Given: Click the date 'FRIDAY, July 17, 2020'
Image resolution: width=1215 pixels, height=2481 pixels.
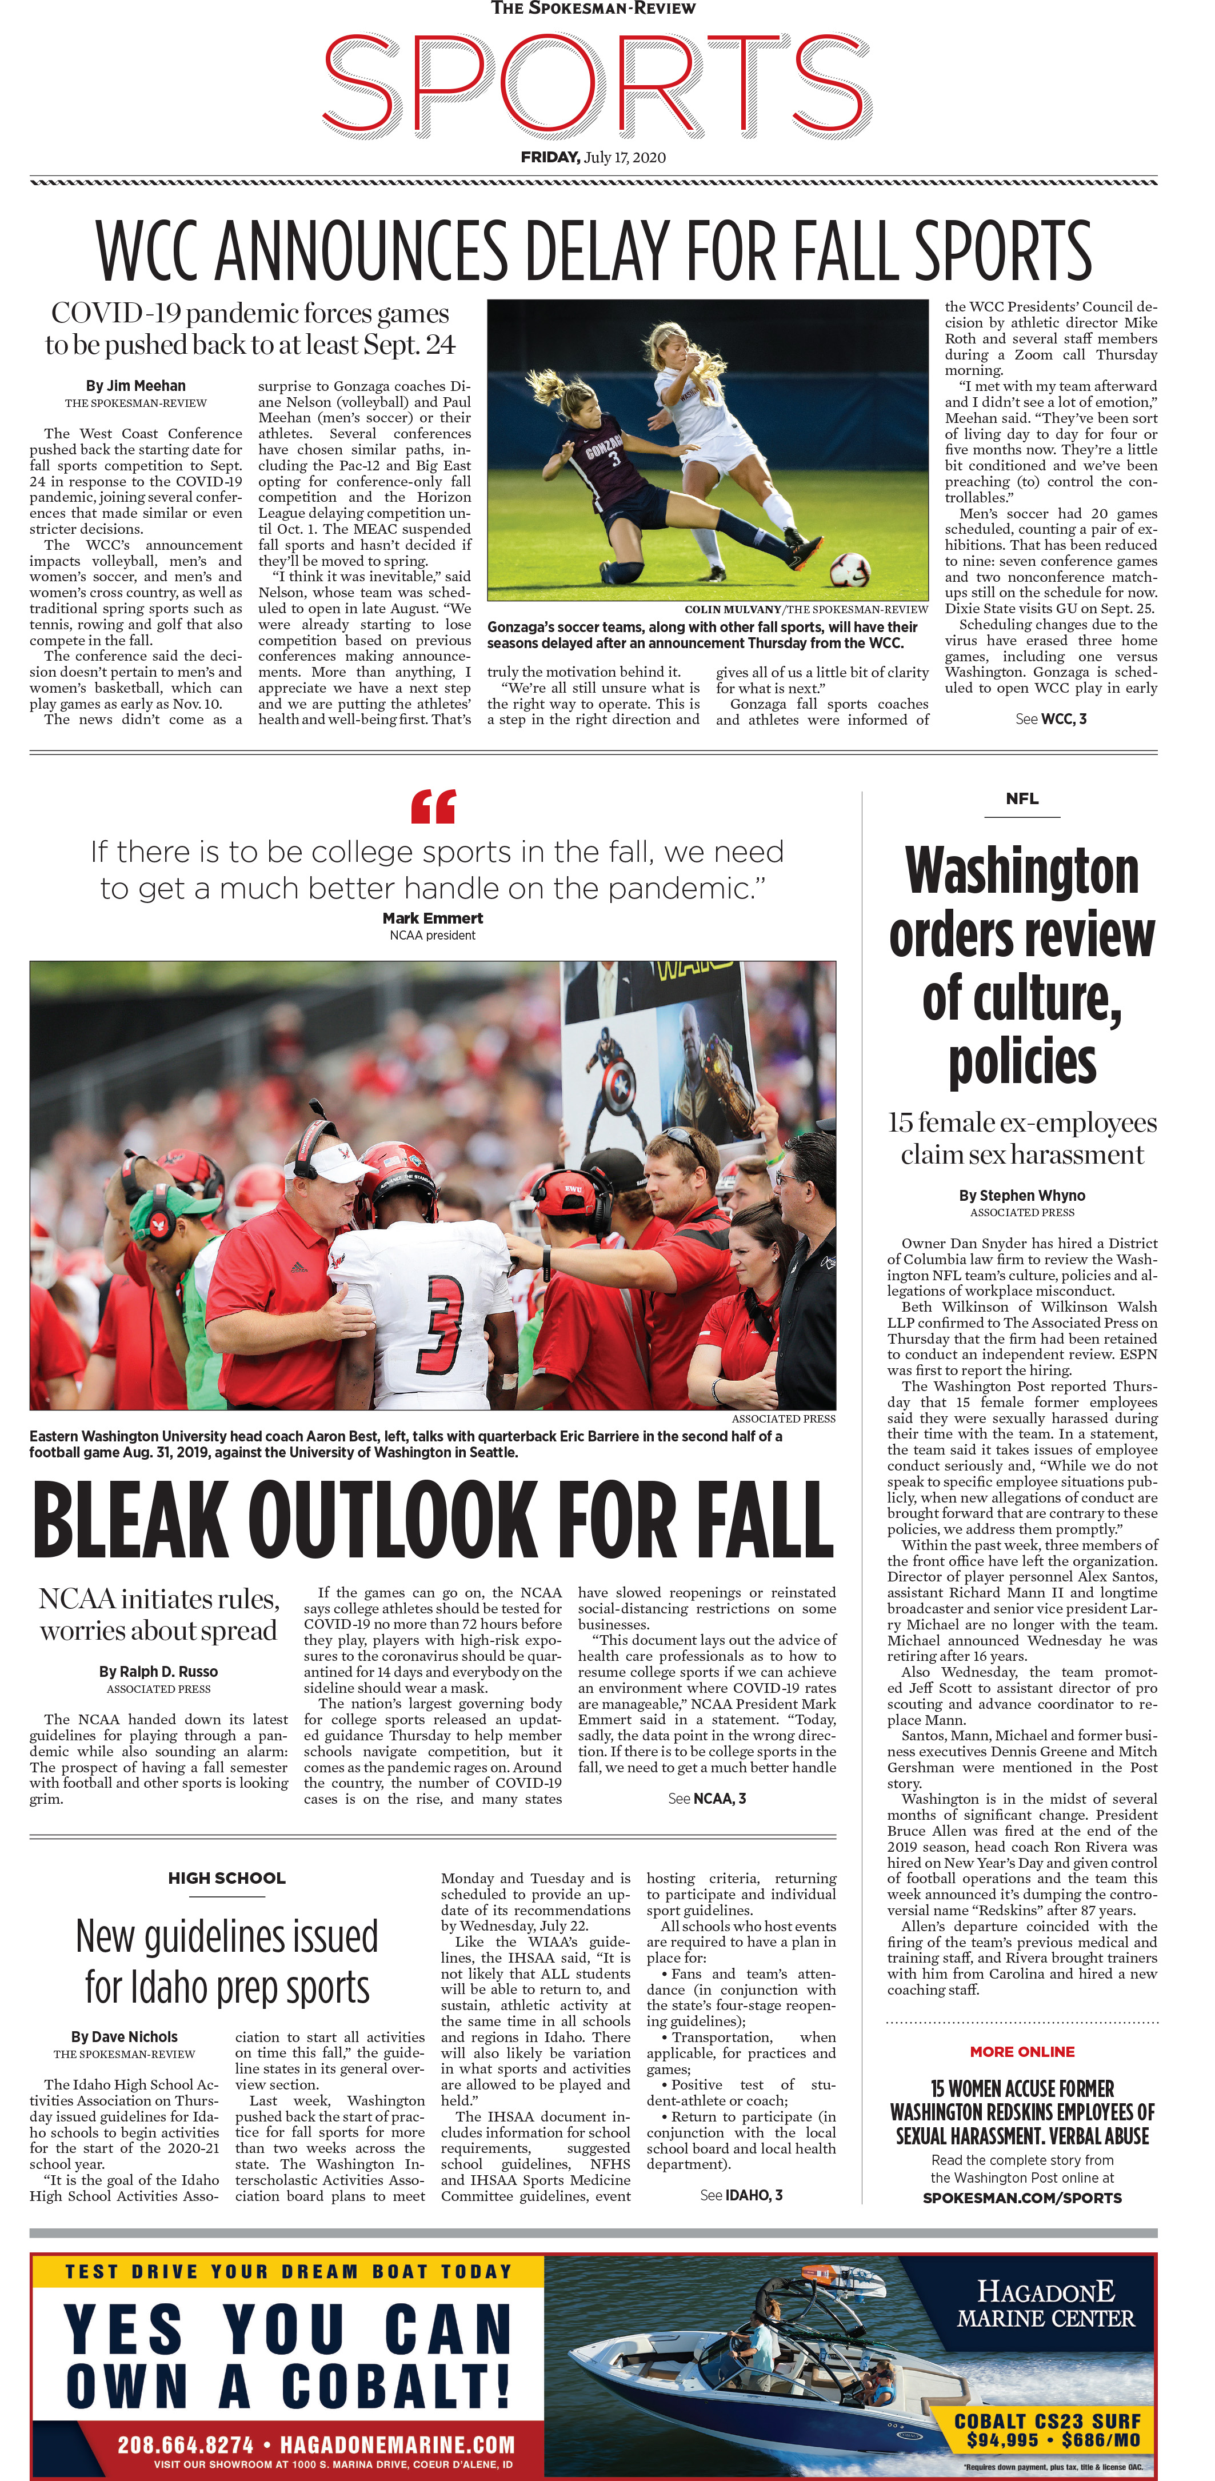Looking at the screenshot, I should click(593, 157).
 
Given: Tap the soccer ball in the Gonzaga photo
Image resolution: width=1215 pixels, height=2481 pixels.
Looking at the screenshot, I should click(849, 568).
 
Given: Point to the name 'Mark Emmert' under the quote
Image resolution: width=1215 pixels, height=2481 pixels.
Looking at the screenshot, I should click(432, 918).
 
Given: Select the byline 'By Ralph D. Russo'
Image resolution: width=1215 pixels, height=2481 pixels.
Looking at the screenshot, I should click(159, 1672).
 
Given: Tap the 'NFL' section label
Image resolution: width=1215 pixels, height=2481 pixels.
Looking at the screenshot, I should click(1021, 798).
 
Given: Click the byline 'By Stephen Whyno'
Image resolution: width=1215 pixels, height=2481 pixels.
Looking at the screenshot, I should click(1021, 1195).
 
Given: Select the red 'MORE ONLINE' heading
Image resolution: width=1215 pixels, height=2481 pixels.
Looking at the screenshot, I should click(1021, 2051).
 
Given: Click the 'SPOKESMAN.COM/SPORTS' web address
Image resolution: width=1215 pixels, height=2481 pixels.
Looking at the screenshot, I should click(1021, 2198).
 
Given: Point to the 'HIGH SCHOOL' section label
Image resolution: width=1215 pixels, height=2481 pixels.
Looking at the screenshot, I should click(226, 1878).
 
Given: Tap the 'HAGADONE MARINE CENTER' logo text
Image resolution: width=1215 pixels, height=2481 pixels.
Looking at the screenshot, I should click(1046, 2305).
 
